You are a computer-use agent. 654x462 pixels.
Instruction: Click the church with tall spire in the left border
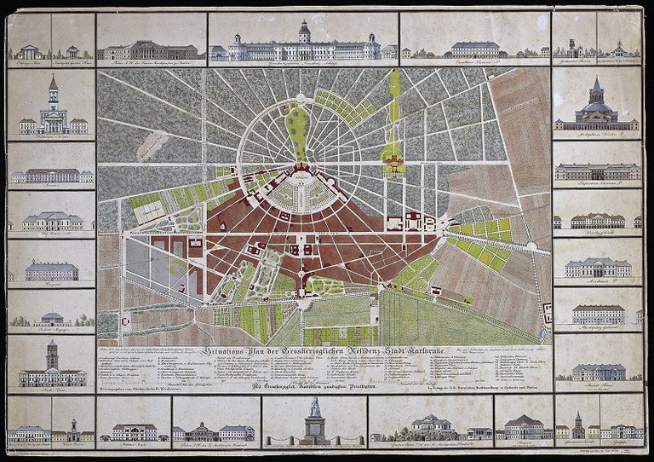[53, 109]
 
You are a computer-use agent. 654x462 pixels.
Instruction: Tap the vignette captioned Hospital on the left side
[51, 271]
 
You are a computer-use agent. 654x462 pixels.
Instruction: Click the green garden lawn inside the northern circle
[297, 128]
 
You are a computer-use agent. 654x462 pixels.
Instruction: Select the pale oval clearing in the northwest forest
[151, 145]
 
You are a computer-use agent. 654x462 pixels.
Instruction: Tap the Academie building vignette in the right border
[597, 268]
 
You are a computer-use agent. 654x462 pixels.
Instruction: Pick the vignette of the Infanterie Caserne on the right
[597, 171]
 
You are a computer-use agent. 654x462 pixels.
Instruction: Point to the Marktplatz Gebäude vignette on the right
[597, 315]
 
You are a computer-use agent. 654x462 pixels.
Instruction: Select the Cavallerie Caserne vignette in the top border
[474, 48]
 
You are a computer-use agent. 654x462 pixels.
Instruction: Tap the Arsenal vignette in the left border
[51, 175]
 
